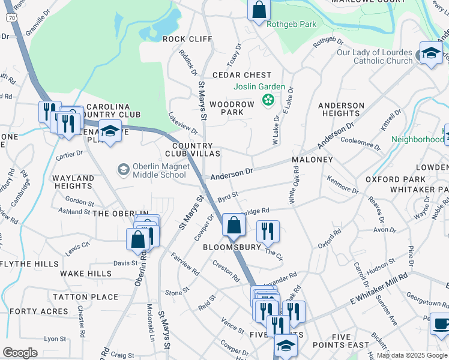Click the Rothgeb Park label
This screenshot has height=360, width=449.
(x=291, y=25)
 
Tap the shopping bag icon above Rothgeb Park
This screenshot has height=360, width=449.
(x=259, y=10)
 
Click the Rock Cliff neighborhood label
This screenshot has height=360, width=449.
(x=187, y=39)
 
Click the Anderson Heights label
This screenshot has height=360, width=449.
(x=341, y=109)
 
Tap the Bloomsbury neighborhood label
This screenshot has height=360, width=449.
(x=232, y=247)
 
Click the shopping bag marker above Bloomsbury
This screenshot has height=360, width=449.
(x=233, y=225)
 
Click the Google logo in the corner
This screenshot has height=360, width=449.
(x=20, y=353)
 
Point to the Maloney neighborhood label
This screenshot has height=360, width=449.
(x=312, y=160)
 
